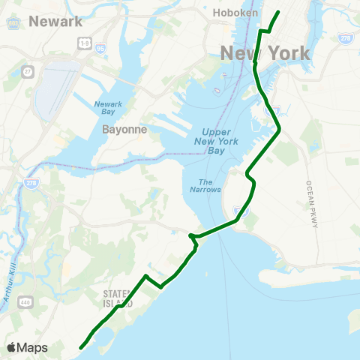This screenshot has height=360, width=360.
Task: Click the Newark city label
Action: click(55, 21)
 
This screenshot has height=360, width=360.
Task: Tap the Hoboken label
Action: click(235, 13)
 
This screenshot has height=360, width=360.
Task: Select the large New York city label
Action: click(265, 53)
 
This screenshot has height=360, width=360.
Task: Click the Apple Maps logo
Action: click(27, 348)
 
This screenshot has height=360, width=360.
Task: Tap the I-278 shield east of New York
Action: click(345, 37)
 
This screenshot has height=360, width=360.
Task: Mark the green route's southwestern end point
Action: click(81, 347)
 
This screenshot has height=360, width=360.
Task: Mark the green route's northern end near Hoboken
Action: click(279, 12)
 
